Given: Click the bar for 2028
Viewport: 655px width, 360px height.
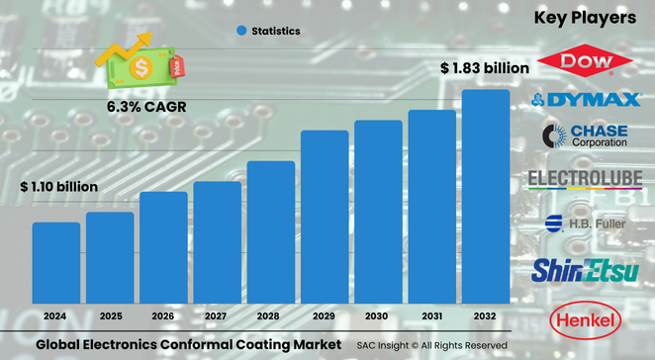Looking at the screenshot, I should [271, 231].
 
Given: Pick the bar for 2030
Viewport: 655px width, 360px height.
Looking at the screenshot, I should [378, 212].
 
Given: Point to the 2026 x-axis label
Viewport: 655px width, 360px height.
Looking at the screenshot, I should [163, 315].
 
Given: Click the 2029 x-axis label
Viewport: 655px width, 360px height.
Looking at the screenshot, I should [325, 315].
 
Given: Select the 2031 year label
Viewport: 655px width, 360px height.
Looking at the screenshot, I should [431, 315].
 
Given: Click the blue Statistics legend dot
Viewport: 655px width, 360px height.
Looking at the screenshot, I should [240, 32].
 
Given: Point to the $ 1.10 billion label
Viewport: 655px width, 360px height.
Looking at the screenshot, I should [58, 187].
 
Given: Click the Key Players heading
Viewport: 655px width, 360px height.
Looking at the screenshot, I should [585, 18].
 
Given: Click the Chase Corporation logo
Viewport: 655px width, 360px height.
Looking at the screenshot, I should [585, 135].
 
